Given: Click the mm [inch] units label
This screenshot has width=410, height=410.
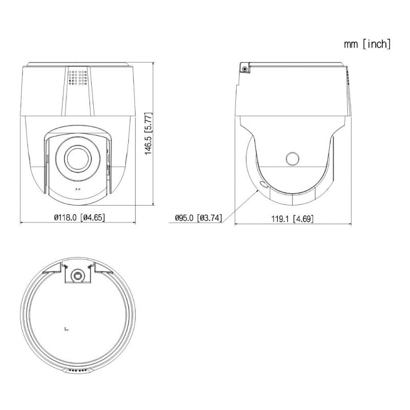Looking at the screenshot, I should (x=367, y=44).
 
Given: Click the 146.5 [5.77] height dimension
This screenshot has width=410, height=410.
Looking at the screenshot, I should (x=148, y=134).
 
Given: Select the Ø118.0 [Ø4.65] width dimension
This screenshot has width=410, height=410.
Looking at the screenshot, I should (x=79, y=217).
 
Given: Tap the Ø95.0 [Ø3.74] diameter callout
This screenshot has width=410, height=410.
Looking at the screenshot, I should (x=198, y=218).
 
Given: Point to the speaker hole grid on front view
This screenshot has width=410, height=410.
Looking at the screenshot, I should (x=78, y=77).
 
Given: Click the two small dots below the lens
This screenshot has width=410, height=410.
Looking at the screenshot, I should (x=78, y=189).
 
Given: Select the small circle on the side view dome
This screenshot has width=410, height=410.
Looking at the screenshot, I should (x=293, y=158).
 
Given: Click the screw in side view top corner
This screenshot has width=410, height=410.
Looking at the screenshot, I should (x=245, y=69).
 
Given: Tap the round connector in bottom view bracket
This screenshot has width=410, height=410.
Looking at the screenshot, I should (x=78, y=275).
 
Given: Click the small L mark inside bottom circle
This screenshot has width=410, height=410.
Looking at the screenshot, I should (x=66, y=330).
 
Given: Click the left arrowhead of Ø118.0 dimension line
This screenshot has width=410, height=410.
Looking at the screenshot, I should (x=22, y=223).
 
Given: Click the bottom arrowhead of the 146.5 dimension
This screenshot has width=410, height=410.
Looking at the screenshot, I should (x=154, y=205).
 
